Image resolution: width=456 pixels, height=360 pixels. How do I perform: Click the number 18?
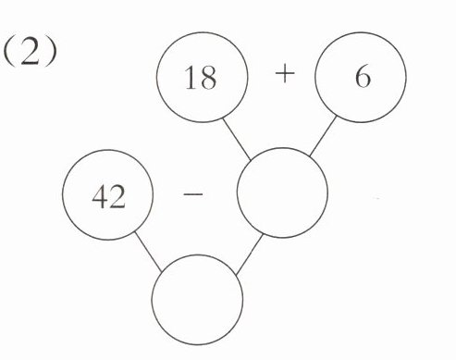201,78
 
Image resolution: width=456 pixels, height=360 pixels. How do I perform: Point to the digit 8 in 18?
208,78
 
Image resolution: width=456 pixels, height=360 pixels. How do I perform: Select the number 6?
363,77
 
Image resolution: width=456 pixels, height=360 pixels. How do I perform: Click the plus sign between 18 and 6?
285,74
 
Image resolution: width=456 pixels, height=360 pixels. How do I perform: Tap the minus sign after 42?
193,194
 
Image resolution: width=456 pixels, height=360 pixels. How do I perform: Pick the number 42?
108,197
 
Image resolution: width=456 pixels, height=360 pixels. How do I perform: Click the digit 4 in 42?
100,197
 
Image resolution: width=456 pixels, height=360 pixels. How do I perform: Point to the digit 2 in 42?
117,197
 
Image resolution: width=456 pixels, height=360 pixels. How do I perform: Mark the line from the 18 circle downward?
237,140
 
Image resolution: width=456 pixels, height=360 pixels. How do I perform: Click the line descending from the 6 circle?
323,136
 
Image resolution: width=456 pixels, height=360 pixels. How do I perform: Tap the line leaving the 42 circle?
148,252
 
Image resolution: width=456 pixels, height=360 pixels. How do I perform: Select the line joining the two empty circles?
249,254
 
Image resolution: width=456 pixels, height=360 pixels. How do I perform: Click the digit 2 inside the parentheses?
30,53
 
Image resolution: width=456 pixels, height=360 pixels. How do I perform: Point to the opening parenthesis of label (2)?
8,54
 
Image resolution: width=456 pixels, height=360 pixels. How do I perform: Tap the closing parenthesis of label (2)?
52,54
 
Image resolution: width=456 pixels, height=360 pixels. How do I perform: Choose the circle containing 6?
361,31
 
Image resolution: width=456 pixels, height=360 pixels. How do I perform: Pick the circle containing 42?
108,150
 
